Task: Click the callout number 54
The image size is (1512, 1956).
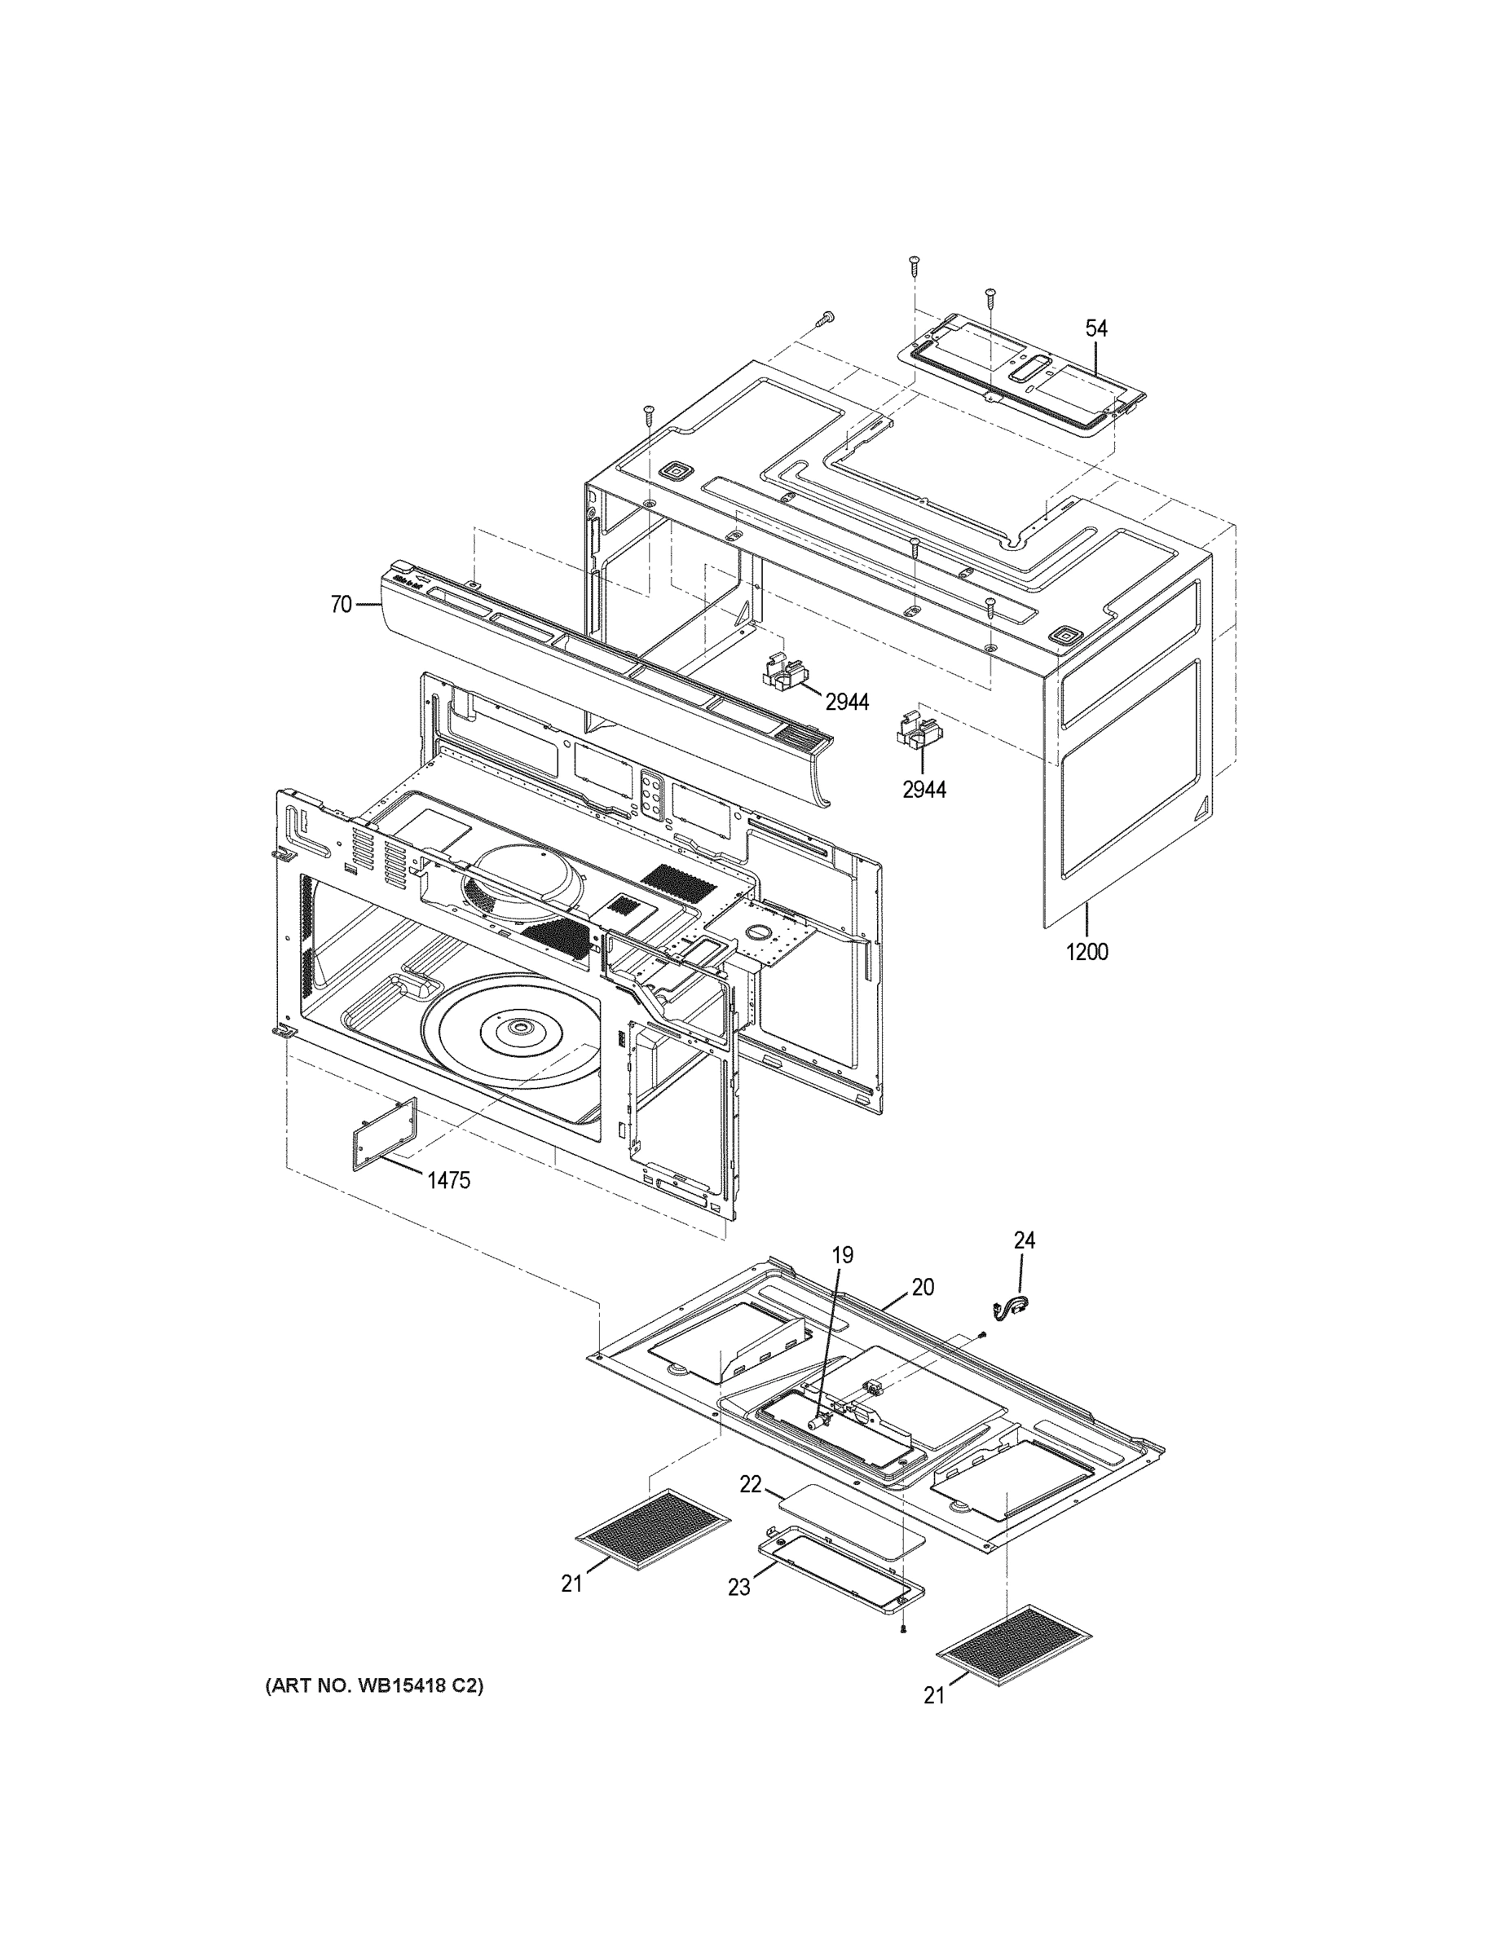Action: (1096, 328)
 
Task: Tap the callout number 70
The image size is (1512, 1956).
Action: (341, 606)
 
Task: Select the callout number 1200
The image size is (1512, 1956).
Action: (1087, 952)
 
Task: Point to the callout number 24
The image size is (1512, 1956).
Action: (1024, 1240)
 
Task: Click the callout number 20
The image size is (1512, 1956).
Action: (923, 1287)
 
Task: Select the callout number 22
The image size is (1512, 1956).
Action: (750, 1484)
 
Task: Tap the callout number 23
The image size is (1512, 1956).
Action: (738, 1587)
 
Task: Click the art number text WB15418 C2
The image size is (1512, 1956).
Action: (373, 1686)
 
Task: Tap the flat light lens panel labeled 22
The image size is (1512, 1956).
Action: (851, 1522)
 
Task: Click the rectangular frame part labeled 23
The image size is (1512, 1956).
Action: (840, 1572)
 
